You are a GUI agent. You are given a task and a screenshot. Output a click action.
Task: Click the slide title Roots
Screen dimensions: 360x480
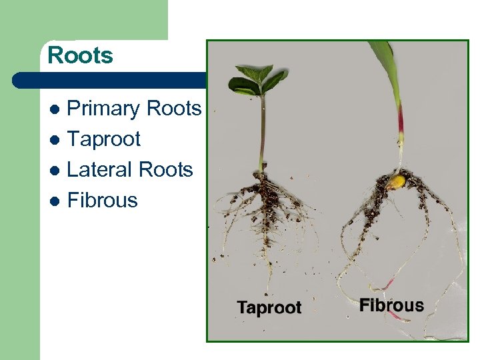pyautogui.click(x=80, y=55)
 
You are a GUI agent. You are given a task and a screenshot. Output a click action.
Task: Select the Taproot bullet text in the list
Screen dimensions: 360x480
pyautogui.click(x=104, y=139)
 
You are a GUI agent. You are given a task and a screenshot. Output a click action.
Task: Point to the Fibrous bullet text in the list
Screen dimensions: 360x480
pyautogui.click(x=103, y=201)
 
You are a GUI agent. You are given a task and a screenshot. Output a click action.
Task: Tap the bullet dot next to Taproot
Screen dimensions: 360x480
pyautogui.click(x=55, y=140)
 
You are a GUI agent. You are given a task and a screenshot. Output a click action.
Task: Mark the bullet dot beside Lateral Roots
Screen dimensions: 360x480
pyautogui.click(x=55, y=171)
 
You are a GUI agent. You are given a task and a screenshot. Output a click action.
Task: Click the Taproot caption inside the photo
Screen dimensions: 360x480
pyautogui.click(x=269, y=308)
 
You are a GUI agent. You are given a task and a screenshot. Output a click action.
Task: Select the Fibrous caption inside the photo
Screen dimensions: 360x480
pyautogui.click(x=391, y=306)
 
